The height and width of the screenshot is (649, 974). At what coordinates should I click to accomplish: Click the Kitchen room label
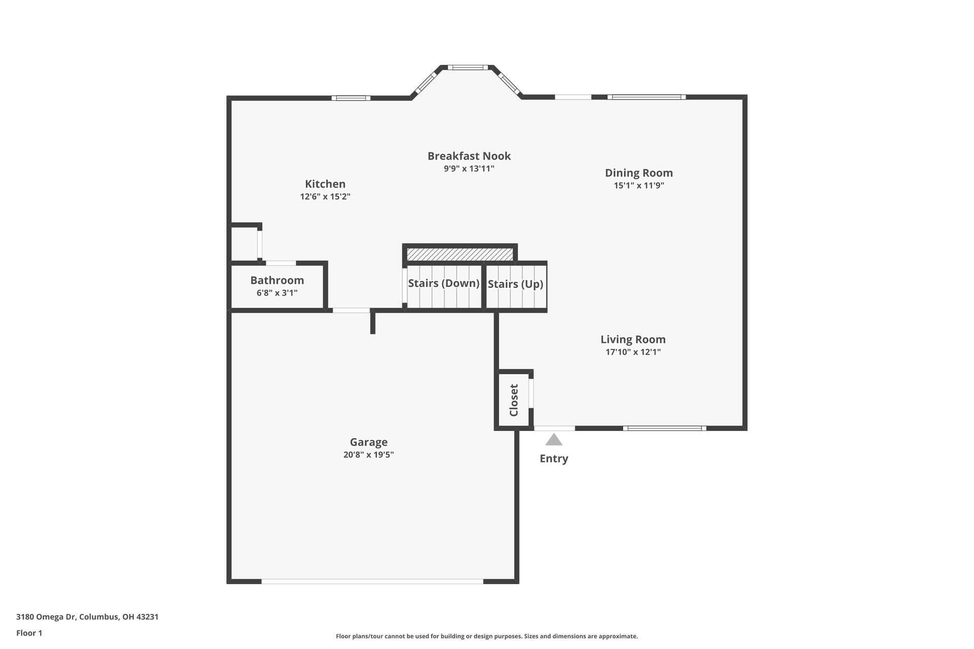[325, 184]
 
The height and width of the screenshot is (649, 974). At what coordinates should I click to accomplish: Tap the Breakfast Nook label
[469, 156]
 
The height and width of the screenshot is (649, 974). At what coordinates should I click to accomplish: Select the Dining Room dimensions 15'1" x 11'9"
[639, 186]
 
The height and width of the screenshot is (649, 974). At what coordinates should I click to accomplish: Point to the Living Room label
[633, 340]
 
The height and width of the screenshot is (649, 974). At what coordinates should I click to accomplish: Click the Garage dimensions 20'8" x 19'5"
[368, 455]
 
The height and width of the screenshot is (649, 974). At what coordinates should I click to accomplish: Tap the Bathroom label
[277, 280]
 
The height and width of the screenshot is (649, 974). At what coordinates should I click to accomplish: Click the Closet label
[514, 400]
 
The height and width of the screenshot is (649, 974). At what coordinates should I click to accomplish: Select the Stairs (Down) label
[443, 283]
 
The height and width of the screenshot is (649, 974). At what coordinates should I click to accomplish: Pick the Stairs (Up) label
[515, 284]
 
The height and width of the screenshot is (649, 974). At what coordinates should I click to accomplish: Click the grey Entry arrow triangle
[554, 440]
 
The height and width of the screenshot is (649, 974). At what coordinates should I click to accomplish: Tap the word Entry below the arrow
[553, 458]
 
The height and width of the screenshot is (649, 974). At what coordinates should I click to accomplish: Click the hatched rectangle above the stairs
[460, 254]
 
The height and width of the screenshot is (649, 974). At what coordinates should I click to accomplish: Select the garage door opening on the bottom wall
[372, 581]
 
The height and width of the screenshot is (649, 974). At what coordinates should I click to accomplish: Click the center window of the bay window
[467, 67]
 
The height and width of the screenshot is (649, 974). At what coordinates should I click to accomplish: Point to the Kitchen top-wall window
[351, 98]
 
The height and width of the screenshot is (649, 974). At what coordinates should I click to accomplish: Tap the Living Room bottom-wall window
[665, 428]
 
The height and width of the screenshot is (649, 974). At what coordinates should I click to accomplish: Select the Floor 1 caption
[29, 633]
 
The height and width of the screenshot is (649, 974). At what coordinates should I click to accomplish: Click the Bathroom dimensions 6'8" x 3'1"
[277, 293]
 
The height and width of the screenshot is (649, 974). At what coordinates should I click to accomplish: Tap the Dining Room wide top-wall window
[646, 97]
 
